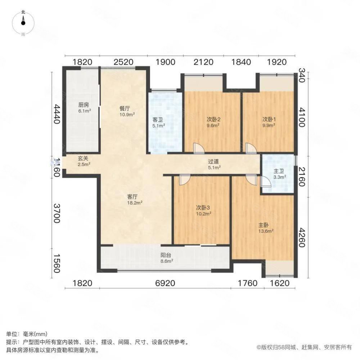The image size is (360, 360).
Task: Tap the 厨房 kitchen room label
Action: tap(84, 108)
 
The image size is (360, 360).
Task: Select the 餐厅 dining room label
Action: tap(127, 111)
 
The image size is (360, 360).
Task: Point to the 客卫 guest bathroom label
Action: tap(158, 123)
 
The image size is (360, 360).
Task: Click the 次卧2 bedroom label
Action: tap(212, 123)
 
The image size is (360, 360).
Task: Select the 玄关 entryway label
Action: tap(84, 161)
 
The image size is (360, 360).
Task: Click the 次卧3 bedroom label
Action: tap(203, 210)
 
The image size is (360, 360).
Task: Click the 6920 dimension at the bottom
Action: tap(165, 283)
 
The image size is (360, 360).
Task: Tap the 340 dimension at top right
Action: tap(301, 76)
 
